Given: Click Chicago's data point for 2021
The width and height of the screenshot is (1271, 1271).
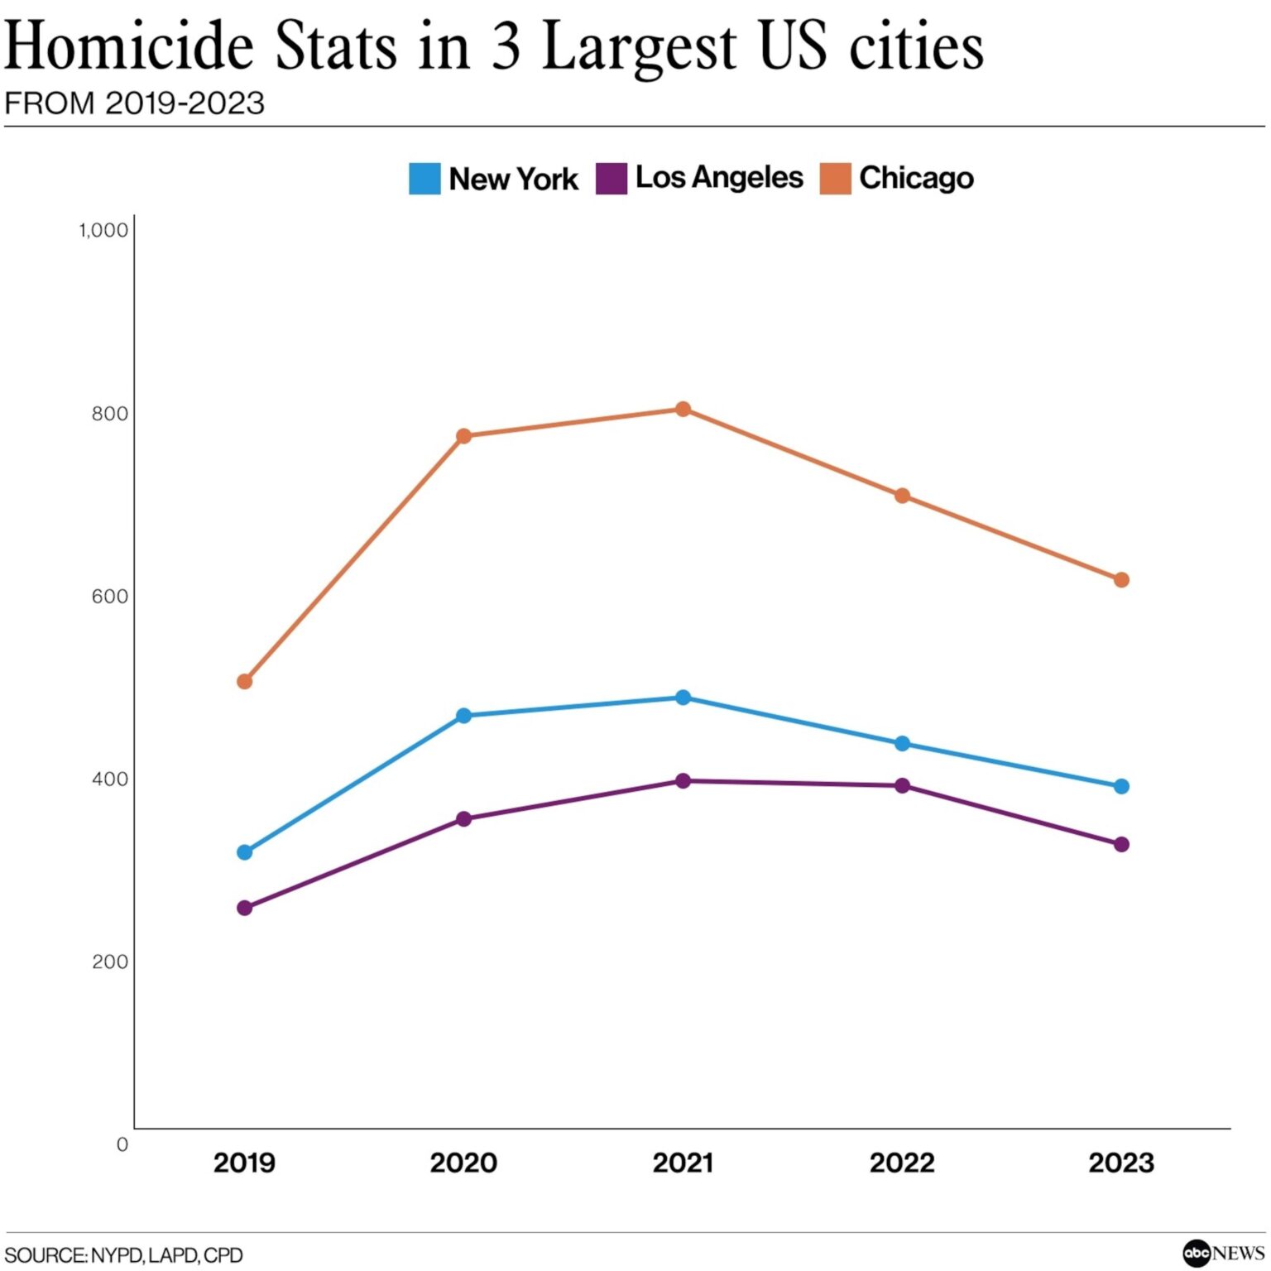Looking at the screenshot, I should [x=683, y=409].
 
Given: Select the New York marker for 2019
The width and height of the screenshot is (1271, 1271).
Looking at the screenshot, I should [x=244, y=852].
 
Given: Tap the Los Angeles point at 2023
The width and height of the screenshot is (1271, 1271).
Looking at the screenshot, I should [x=1121, y=844].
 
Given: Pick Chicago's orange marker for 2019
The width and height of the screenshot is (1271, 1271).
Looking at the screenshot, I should [x=244, y=682].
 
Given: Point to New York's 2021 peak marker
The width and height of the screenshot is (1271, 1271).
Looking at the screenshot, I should [x=683, y=698].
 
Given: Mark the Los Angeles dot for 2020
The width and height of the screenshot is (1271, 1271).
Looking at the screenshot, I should [x=463, y=819].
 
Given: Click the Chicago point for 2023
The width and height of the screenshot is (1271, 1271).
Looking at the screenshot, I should [x=1121, y=580].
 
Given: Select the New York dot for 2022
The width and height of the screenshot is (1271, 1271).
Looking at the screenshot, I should [x=902, y=744].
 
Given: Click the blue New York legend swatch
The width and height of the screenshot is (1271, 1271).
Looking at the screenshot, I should [x=424, y=179].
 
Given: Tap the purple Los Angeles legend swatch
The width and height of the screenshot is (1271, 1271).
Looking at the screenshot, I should [x=611, y=179].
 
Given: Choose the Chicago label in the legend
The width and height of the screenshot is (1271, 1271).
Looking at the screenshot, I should [x=916, y=178].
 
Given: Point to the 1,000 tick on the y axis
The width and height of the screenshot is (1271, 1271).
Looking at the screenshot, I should [x=104, y=230].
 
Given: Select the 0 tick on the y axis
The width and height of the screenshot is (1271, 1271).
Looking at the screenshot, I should [x=122, y=1144].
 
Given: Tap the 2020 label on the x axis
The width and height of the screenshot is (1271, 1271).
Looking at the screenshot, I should [x=463, y=1163].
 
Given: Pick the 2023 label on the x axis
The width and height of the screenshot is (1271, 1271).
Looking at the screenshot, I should [x=1121, y=1163].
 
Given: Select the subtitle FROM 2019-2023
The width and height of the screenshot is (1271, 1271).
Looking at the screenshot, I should [x=135, y=103].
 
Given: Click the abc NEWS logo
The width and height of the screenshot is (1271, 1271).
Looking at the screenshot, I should [x=1224, y=1253].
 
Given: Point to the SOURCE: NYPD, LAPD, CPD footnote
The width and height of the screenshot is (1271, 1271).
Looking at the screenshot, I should [x=124, y=1255].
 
